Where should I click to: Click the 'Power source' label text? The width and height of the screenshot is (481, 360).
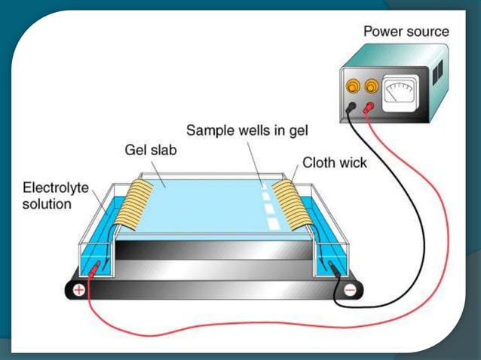[x=406, y=32]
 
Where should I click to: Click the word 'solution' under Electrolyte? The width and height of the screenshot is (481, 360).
[x=47, y=203]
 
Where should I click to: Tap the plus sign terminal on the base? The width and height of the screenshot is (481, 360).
[x=77, y=291]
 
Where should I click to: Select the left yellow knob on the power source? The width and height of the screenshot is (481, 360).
[x=352, y=87]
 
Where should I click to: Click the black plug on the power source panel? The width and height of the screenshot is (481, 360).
[x=351, y=108]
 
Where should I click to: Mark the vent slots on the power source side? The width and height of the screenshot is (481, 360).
[x=437, y=72]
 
